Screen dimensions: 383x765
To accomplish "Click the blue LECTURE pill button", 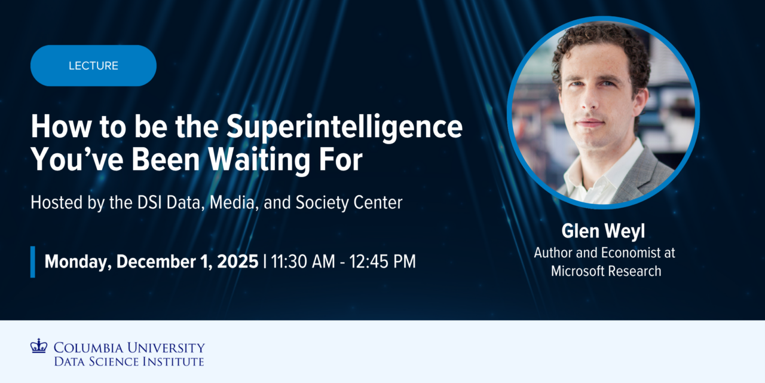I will pyautogui.click(x=93, y=66).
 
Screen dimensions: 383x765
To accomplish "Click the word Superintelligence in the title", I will pyautogui.click(x=344, y=127).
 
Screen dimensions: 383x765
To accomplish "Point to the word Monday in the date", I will pyautogui.click(x=77, y=262).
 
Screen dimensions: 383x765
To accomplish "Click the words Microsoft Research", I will pyautogui.click(x=605, y=271).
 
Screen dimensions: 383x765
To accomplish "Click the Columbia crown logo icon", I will pyautogui.click(x=38, y=346).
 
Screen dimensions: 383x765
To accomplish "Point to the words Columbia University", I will pyautogui.click(x=129, y=347).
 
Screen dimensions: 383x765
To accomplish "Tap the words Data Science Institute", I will pyautogui.click(x=129, y=361).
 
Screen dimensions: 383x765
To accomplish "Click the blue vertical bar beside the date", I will pyautogui.click(x=33, y=262).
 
